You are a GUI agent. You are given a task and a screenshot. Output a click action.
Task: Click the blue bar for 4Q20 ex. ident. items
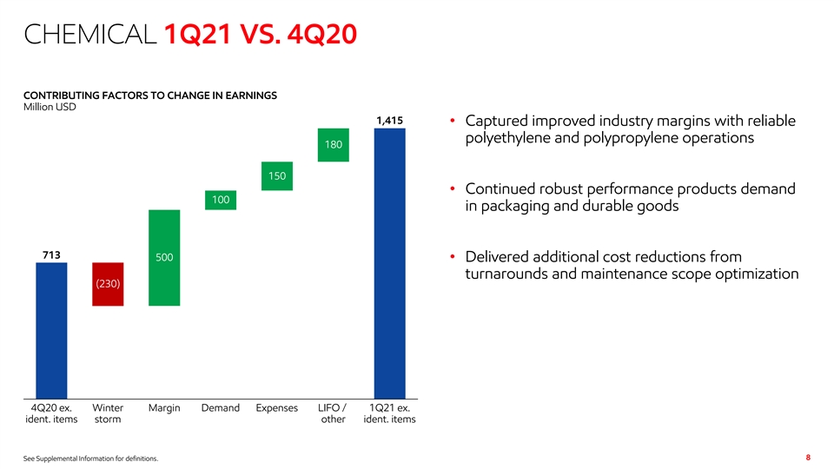coord(51,330)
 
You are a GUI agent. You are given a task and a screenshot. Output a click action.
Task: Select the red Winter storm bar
coord(108,284)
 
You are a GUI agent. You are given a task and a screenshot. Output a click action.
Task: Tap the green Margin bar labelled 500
coord(164,257)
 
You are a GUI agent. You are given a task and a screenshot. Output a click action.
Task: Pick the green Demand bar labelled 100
coord(221,201)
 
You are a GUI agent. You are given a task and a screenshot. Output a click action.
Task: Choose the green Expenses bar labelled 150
coord(277,175)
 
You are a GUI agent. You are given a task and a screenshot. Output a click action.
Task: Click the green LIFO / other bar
coord(334,144)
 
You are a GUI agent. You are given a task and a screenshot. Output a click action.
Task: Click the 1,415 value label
coord(389,121)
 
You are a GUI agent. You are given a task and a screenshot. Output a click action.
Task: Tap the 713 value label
coord(51,254)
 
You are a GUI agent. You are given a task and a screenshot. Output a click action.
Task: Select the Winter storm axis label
coord(108,413)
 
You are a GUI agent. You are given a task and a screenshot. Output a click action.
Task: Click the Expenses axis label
coord(277,408)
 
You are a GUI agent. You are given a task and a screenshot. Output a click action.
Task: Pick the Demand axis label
coord(221,408)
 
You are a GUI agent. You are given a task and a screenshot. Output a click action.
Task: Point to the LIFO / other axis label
coord(334,413)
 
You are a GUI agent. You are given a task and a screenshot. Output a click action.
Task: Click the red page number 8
coord(808,457)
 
